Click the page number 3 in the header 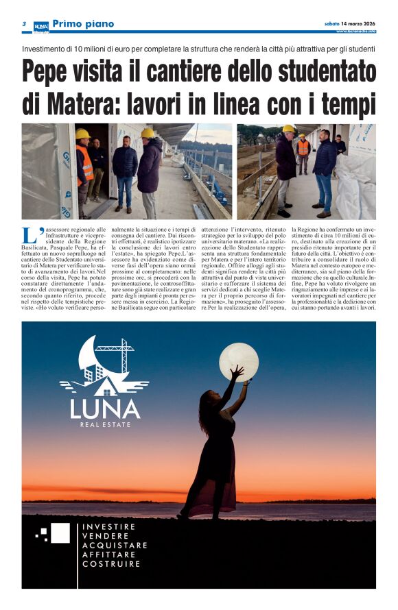click(24, 24)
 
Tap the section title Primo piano click(83, 24)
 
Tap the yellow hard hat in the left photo click(82, 133)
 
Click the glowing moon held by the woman click(239, 361)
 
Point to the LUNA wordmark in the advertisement click(104, 410)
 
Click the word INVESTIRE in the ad click(108, 526)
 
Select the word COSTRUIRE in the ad click(111, 564)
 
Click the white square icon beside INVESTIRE click(59, 533)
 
